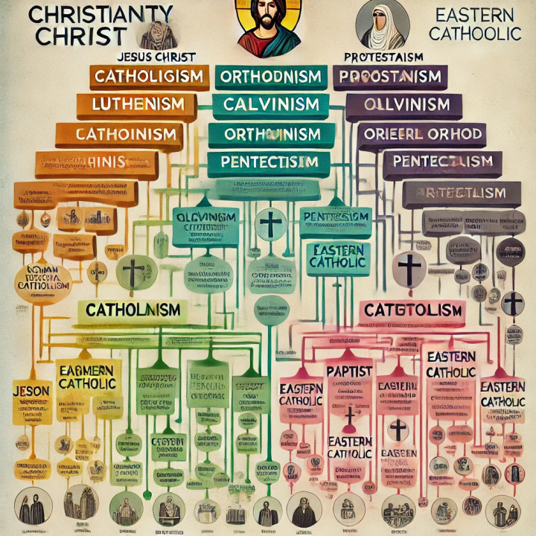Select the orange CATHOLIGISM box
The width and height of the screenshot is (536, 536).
click(x=149, y=77)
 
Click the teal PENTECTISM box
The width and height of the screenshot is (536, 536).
click(x=269, y=162)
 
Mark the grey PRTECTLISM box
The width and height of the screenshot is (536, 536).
click(x=455, y=193)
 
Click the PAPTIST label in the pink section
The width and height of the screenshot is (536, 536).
click(x=348, y=371)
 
